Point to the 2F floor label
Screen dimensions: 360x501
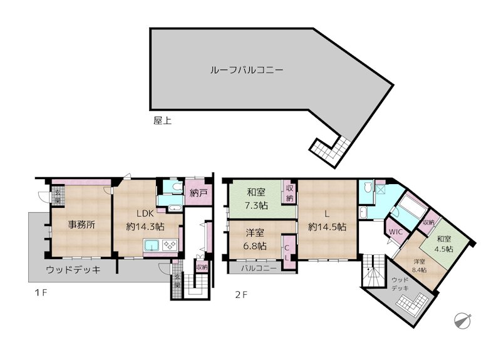(242, 293)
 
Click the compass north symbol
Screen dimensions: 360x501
(462, 320)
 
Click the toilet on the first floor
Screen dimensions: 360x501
(174, 186)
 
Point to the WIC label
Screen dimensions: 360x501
(396, 232)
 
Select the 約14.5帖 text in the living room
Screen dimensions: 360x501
(327, 227)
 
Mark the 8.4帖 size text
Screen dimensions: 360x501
(419, 270)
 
